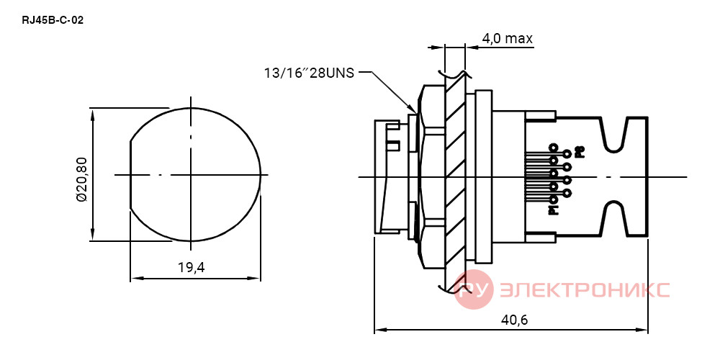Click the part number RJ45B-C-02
click(53, 20)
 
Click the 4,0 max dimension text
click(508, 39)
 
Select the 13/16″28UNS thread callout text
click(310, 73)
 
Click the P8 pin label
click(580, 152)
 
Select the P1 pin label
click(553, 210)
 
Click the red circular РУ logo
click(474, 289)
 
